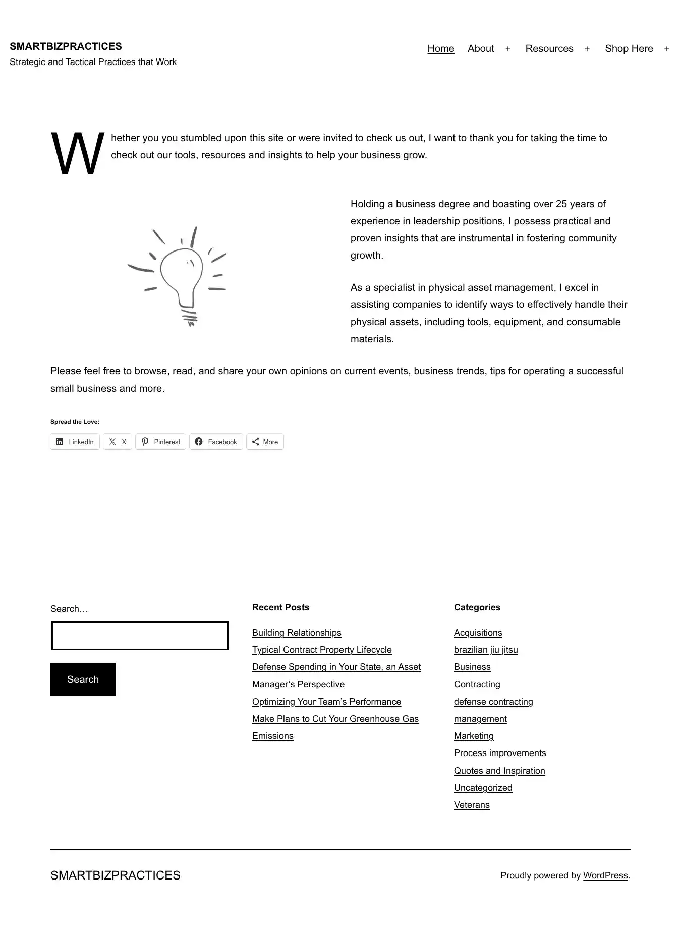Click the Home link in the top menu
coord(440,49)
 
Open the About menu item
coord(480,49)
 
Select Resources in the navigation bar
coord(549,49)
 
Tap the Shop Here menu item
coord(629,49)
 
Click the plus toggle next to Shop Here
coord(666,49)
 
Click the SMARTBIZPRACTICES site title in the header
coord(66,46)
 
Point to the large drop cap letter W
coord(77,153)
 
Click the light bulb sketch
coord(180,275)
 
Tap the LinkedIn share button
coord(75,442)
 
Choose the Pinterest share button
coord(160,442)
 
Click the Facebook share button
coord(216,442)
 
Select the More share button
coord(265,442)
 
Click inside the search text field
coord(140,636)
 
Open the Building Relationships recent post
coord(297,633)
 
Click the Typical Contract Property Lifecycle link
coord(322,650)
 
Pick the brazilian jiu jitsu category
coord(486,650)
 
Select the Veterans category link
coord(472,805)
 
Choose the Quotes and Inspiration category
coord(499,771)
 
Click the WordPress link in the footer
coord(605,875)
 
